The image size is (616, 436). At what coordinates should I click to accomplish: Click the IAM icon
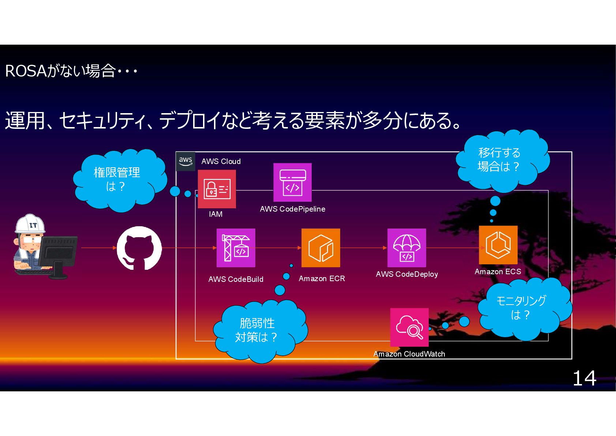click(x=217, y=189)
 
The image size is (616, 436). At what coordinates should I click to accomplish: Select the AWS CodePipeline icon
click(x=292, y=182)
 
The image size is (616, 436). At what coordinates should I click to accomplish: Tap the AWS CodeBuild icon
click(x=236, y=248)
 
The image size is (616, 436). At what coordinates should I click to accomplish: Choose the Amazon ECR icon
click(x=320, y=248)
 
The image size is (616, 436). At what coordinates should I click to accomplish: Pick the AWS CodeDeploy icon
click(x=406, y=248)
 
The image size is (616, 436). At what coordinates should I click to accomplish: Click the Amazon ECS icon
click(x=498, y=245)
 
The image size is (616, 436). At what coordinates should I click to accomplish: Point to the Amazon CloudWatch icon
click(x=409, y=327)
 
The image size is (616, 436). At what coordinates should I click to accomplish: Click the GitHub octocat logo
click(x=139, y=248)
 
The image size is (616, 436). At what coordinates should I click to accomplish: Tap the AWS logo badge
click(x=185, y=161)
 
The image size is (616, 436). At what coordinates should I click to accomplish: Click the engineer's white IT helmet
click(x=30, y=224)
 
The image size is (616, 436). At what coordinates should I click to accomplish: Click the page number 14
click(x=584, y=378)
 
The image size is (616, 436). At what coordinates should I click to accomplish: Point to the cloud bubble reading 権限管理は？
click(x=117, y=179)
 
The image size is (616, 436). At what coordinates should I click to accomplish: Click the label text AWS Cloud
click(x=221, y=161)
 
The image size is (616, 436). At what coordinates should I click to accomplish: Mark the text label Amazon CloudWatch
click(x=409, y=354)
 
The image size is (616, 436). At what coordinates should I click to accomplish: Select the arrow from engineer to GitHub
click(x=98, y=248)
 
